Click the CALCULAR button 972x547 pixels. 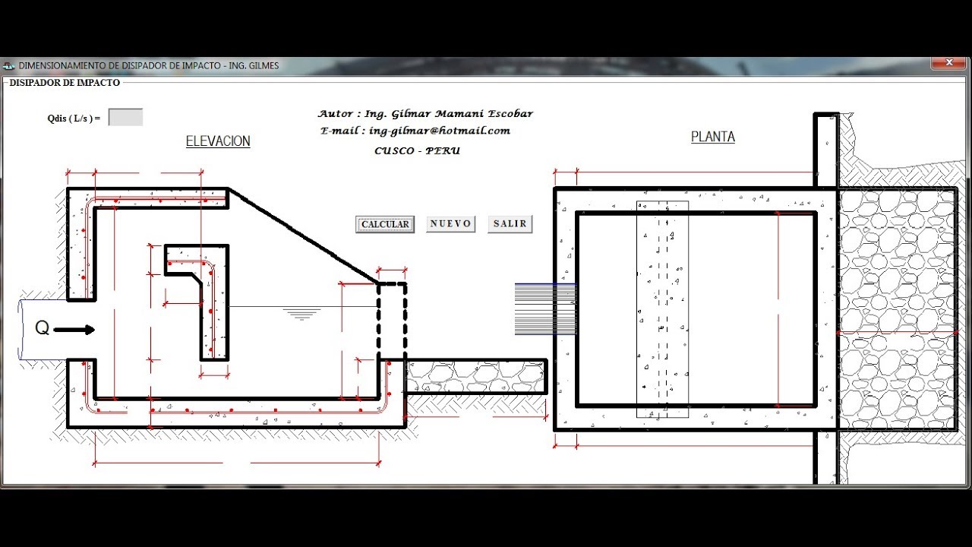pyautogui.click(x=385, y=224)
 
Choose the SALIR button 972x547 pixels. pyautogui.click(x=510, y=224)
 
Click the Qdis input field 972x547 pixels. pyautogui.click(x=125, y=117)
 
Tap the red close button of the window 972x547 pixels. pyautogui.click(x=949, y=63)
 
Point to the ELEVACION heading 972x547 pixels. pyautogui.click(x=218, y=141)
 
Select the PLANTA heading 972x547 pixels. pyautogui.click(x=713, y=137)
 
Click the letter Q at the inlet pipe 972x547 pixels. pyautogui.click(x=42, y=327)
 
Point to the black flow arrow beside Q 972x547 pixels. pyautogui.click(x=74, y=330)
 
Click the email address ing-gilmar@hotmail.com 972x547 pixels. pyautogui.click(x=440, y=131)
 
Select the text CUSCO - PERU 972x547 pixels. pyautogui.click(x=417, y=150)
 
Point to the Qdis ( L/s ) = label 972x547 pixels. pyautogui.click(x=74, y=118)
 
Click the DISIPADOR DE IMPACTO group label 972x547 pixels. pyautogui.click(x=65, y=83)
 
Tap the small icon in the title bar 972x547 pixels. pyautogui.click(x=8, y=66)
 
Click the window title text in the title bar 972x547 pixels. pyautogui.click(x=148, y=65)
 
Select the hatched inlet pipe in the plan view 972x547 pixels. pyautogui.click(x=545, y=309)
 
